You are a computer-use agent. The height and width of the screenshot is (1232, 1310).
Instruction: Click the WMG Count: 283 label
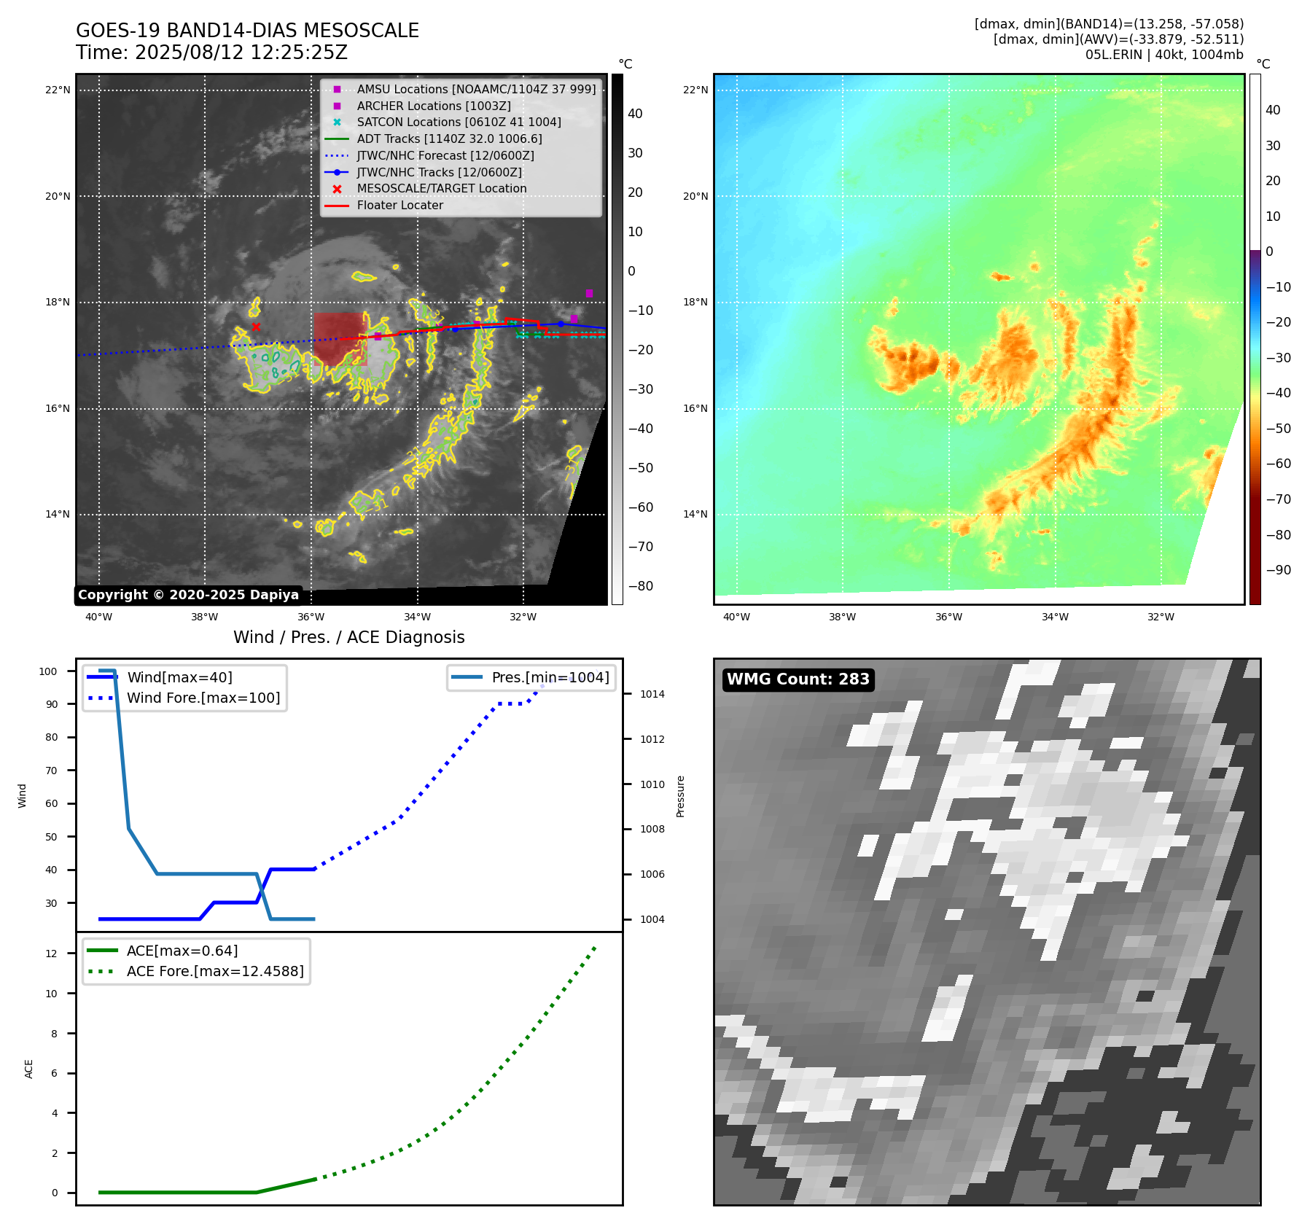click(x=798, y=679)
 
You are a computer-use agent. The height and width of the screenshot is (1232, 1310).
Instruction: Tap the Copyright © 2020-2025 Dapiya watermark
click(x=188, y=595)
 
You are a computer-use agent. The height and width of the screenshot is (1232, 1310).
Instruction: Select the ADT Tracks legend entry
click(x=449, y=139)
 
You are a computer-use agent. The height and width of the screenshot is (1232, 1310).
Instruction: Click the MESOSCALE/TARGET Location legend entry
click(x=441, y=188)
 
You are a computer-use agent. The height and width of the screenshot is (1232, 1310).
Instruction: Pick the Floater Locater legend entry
click(x=399, y=205)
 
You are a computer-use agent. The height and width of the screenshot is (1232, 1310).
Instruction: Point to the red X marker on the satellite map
click(x=256, y=327)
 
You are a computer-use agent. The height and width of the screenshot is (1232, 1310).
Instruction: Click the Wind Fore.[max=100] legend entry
click(x=203, y=698)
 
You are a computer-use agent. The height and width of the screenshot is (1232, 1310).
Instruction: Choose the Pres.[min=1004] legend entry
click(x=550, y=677)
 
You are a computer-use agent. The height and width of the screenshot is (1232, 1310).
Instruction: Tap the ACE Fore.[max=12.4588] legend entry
click(x=215, y=971)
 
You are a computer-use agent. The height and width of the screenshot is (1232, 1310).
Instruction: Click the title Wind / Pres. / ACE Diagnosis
click(x=348, y=637)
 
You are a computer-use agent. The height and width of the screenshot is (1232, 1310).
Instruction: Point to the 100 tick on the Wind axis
click(x=48, y=671)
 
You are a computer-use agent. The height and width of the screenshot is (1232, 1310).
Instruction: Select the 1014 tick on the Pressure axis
click(x=652, y=694)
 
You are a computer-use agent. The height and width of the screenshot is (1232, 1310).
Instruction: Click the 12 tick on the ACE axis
click(x=51, y=954)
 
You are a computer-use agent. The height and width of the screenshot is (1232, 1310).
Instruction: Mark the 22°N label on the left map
click(x=58, y=90)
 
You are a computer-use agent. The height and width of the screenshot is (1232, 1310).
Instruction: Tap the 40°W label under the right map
click(x=736, y=617)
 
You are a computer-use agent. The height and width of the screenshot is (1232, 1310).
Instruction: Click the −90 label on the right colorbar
click(x=1278, y=570)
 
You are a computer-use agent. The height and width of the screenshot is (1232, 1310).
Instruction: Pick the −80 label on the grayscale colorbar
click(x=641, y=586)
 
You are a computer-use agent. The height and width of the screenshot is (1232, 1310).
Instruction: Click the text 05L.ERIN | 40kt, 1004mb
click(x=1164, y=55)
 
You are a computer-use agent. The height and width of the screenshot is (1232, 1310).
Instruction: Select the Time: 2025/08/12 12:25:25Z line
click(x=211, y=52)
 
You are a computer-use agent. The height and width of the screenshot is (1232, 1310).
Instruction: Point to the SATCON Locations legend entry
click(x=459, y=122)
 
